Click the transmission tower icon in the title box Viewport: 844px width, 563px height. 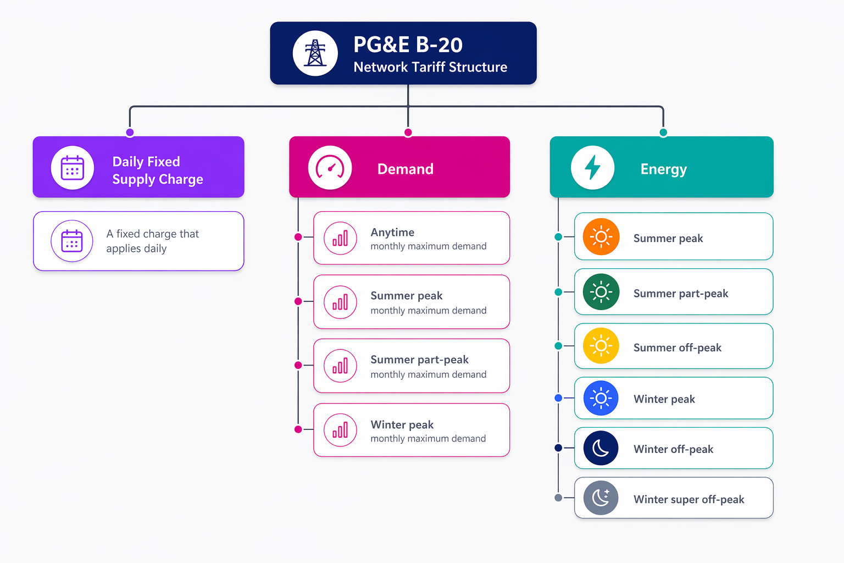tap(315, 53)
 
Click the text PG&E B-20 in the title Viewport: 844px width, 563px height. tap(408, 45)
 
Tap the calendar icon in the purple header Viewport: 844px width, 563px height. tap(73, 168)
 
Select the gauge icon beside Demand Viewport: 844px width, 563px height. tap(330, 168)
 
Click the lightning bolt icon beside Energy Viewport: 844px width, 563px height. tap(592, 168)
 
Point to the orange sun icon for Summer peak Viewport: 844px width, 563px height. tap(601, 237)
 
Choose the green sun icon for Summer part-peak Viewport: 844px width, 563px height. tap(601, 292)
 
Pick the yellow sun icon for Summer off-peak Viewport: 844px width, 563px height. tap(601, 346)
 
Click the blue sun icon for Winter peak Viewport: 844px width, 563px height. tap(601, 398)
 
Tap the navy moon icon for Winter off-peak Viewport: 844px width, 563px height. tap(601, 448)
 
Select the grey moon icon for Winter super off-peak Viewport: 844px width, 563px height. tap(601, 498)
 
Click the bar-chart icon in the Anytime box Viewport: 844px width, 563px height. tap(340, 238)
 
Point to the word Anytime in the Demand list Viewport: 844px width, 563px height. tap(392, 233)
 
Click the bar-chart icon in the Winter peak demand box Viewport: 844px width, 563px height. tap(340, 430)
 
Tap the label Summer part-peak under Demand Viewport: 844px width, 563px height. tap(419, 360)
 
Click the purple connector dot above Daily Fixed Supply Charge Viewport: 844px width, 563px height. tap(130, 133)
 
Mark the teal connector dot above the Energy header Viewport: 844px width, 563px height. tap(663, 133)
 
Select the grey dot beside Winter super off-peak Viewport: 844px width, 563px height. tap(558, 498)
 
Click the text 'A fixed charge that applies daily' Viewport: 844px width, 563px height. tap(152, 241)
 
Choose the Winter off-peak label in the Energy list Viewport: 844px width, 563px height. tap(673, 449)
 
